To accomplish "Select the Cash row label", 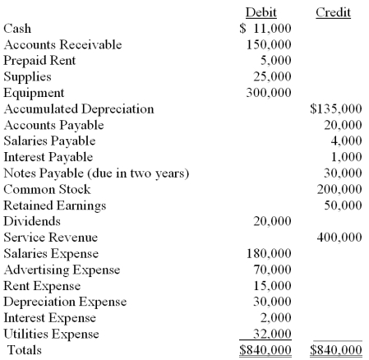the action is point(18,29).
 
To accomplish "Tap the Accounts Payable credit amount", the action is point(344,124).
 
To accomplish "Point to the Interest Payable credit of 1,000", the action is point(348,156).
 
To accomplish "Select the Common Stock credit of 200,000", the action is point(340,188).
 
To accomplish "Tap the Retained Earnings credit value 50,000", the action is point(344,205).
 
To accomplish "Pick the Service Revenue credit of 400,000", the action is point(340,237).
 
